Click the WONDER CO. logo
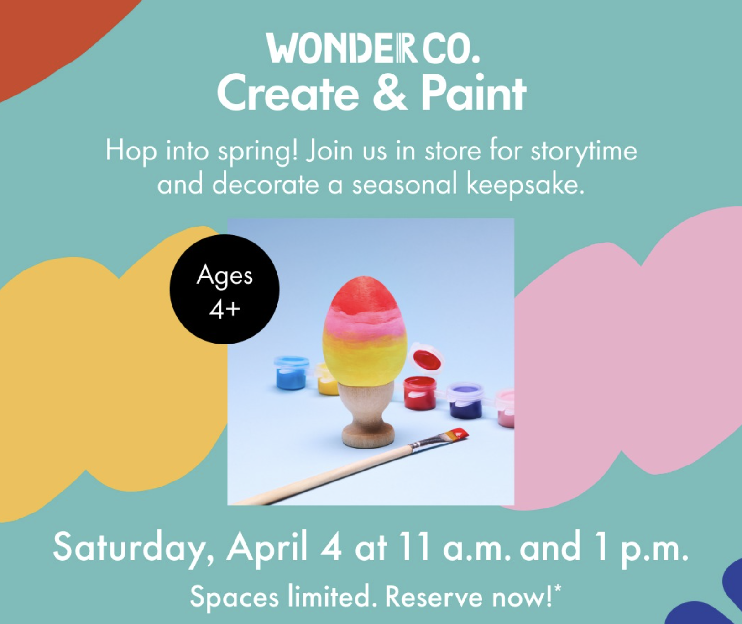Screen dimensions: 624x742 tap(373, 48)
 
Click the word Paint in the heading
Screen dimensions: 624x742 tap(473, 93)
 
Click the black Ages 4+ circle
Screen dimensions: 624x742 tap(225, 289)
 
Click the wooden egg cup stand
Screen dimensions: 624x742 tap(368, 416)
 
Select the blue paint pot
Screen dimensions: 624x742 tap(291, 373)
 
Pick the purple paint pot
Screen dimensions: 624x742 tap(465, 401)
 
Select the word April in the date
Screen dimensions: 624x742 tap(267, 547)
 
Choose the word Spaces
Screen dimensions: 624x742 tap(234, 597)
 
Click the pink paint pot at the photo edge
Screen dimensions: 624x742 tap(506, 408)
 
